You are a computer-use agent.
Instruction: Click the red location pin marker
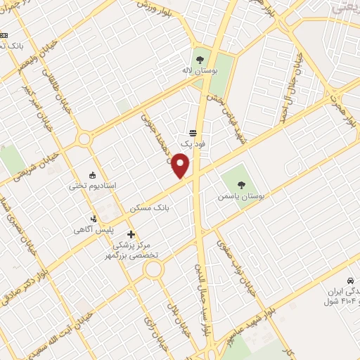[x=182, y=166]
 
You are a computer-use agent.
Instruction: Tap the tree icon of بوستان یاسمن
[x=241, y=186]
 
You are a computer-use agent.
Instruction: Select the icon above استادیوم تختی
[x=93, y=175]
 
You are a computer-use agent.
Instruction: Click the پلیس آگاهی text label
[x=92, y=230]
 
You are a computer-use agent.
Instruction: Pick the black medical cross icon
[x=130, y=233]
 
